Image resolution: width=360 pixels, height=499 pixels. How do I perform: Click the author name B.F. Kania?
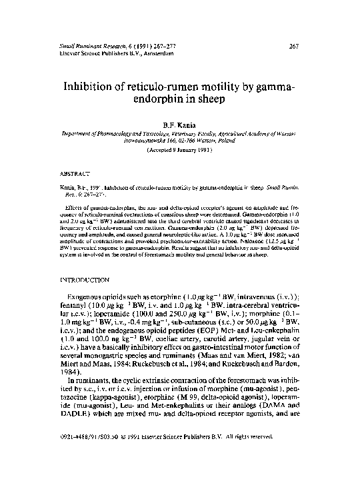pyautogui.click(x=179, y=125)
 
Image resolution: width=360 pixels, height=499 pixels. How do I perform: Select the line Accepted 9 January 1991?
pyautogui.click(x=179, y=151)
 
